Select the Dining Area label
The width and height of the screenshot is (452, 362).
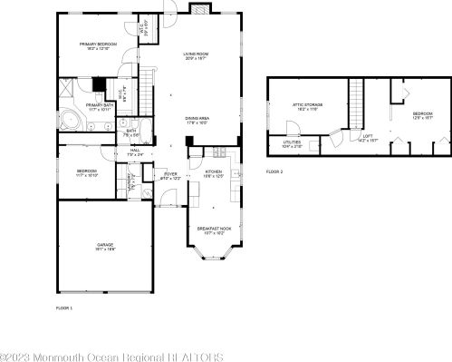pyautogui.click(x=197, y=118)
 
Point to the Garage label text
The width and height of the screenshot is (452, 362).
pyautogui.click(x=105, y=245)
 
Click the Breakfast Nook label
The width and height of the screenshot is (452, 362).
pyautogui.click(x=214, y=230)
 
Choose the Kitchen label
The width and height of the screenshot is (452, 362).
pyautogui.click(x=213, y=171)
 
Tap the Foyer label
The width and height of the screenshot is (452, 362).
pyautogui.click(x=170, y=172)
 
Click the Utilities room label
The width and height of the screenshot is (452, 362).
pyautogui.click(x=292, y=142)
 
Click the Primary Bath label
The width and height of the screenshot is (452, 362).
pyautogui.click(x=99, y=106)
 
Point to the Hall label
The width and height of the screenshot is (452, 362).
pyautogui.click(x=135, y=151)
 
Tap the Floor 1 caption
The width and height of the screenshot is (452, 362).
pyautogui.click(x=63, y=309)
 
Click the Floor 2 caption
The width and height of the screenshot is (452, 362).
pyautogui.click(x=274, y=171)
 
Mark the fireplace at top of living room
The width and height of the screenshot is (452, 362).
pyautogui.click(x=199, y=9)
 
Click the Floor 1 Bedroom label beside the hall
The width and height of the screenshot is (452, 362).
pyautogui.click(x=87, y=171)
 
